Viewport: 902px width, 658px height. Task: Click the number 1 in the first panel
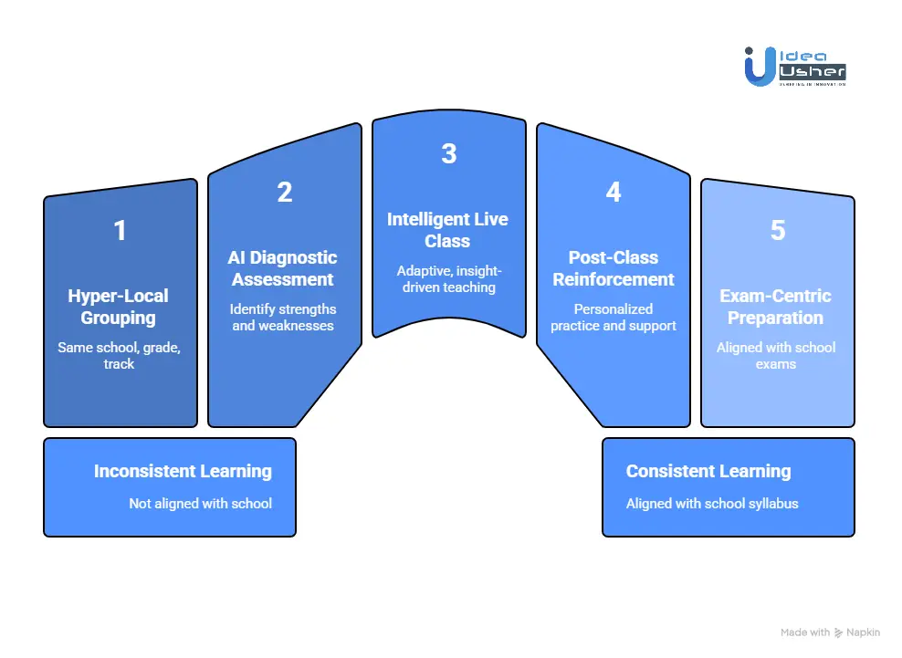(120, 231)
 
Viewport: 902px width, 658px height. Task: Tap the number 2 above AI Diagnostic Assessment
(284, 193)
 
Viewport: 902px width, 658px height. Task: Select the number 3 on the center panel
(448, 153)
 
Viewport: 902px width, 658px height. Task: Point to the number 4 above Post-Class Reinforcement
(613, 193)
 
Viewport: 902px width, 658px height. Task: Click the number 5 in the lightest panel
(777, 230)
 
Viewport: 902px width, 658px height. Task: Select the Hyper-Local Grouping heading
(119, 307)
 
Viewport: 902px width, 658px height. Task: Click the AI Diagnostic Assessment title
(283, 268)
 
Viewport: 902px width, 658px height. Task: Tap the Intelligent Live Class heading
(447, 230)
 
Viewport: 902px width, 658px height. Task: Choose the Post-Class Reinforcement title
(614, 268)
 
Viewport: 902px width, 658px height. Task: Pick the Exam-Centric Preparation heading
(776, 307)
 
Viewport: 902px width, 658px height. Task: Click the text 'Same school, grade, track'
(119, 355)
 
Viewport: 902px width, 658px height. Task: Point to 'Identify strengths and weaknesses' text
(283, 317)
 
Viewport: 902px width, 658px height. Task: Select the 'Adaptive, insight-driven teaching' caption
(447, 278)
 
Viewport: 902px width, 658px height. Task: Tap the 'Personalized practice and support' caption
(614, 317)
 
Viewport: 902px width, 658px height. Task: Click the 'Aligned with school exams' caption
(776, 355)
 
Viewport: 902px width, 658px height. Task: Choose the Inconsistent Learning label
(183, 471)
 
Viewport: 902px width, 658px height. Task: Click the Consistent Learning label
(708, 471)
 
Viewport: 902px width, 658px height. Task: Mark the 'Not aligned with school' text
(200, 503)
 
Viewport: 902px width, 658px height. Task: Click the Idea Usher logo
(794, 67)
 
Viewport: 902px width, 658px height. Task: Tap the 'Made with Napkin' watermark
(832, 632)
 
